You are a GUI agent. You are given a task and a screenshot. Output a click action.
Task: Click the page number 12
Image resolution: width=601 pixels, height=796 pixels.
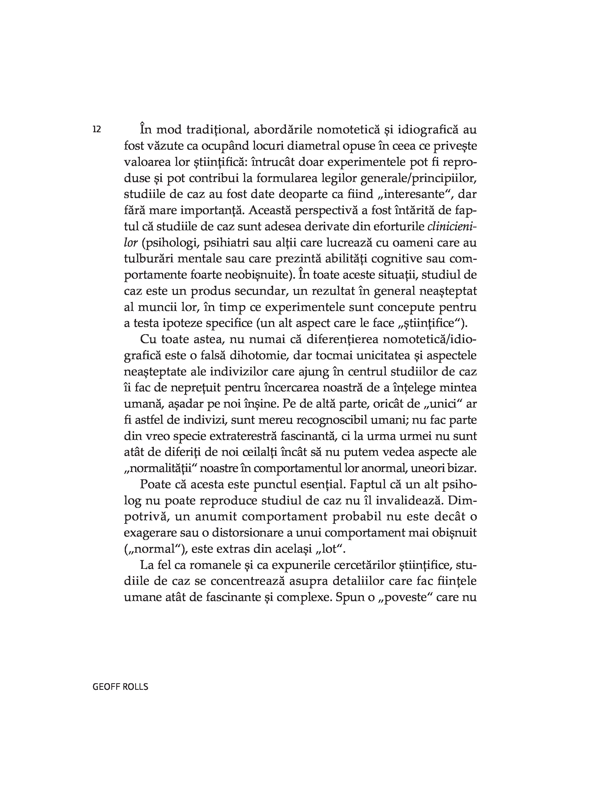point(97,130)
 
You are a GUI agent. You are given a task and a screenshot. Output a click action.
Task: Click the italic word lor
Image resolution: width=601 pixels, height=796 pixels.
point(131,243)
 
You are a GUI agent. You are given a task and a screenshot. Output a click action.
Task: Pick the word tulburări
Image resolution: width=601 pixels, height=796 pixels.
point(149,259)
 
